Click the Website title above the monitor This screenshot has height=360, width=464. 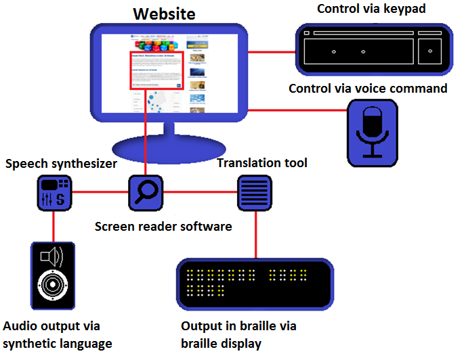pos(165,14)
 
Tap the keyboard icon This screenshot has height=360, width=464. pos(375,49)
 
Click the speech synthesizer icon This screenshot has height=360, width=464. pos(54,192)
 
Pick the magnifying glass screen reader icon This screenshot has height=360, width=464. pos(146,192)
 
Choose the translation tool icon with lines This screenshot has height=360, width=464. pos(254,192)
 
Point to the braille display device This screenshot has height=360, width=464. pos(255,282)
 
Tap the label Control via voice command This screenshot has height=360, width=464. pos(368,89)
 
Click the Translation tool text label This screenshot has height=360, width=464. pos(262,163)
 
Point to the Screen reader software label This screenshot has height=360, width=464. pos(163,226)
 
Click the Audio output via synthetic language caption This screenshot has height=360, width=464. pos(58,334)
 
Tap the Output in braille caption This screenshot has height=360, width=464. pos(239,334)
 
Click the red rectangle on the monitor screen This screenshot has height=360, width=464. pos(156,70)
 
